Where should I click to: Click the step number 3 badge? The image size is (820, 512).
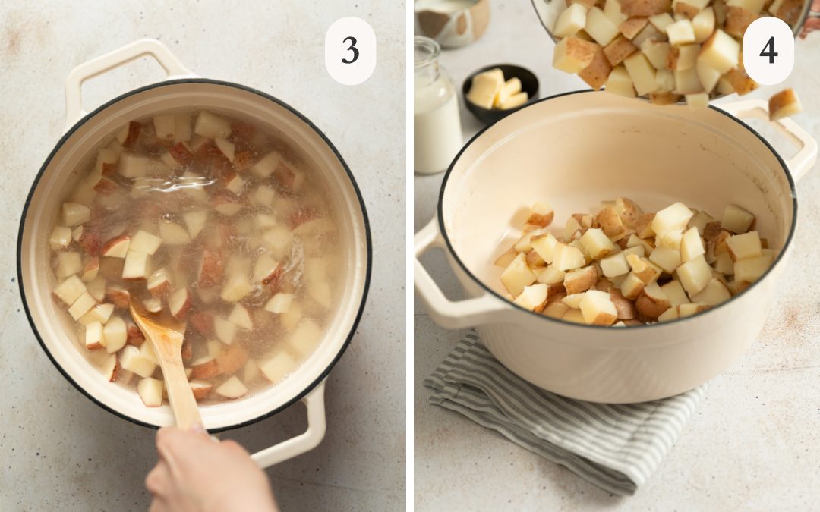tap(350, 51)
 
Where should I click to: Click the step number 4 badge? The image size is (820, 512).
tap(768, 51)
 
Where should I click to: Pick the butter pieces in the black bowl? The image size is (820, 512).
tap(497, 90)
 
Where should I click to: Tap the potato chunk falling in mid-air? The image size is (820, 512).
tap(784, 104)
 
